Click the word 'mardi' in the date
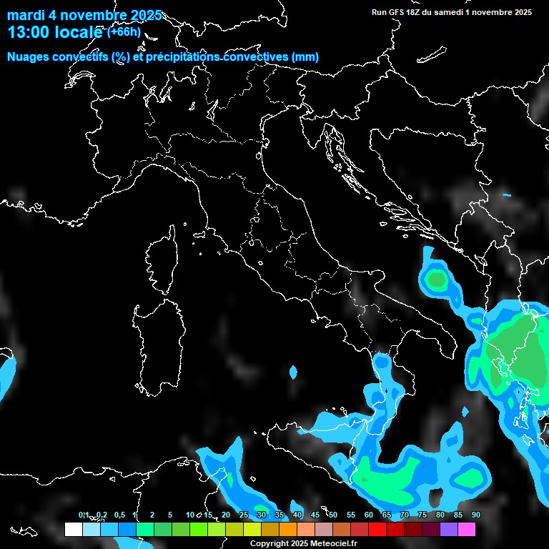pos(26,15)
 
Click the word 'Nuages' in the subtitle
pos(29,57)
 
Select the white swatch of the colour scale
pos(73,530)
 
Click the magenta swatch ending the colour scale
pos(466,530)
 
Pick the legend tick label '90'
pos(475,515)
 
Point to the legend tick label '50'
pos(332,515)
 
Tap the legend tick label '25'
pos(243,515)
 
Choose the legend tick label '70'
pos(404,515)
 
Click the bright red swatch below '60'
pos(377,530)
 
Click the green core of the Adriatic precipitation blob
pos(435,280)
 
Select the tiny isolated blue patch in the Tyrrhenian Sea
pos(293,372)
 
